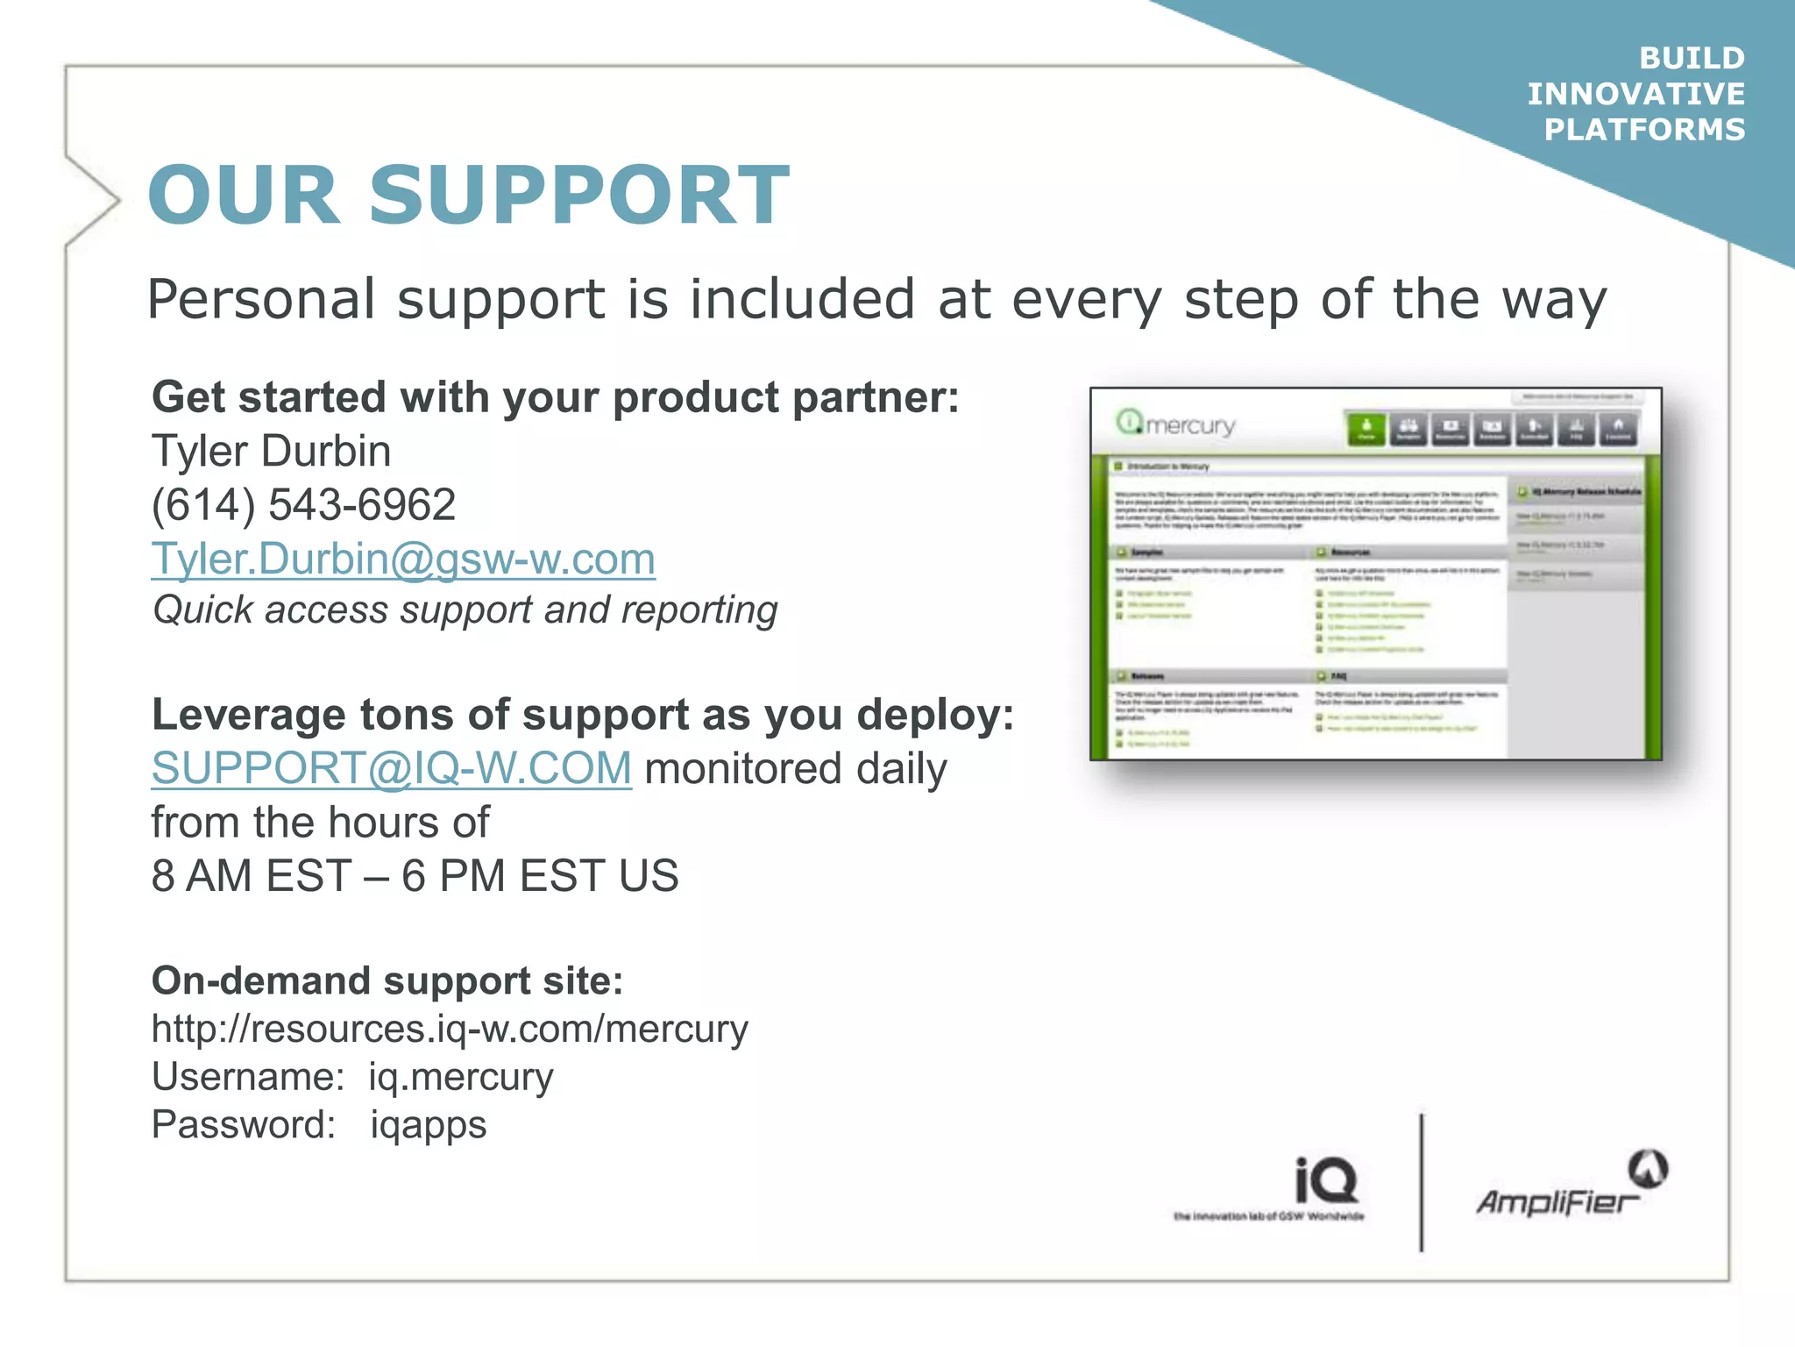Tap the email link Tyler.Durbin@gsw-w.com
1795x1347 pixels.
pyautogui.click(x=403, y=559)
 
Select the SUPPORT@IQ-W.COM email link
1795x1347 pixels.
pyautogui.click(x=391, y=768)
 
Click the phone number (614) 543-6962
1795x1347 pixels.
pyautogui.click(x=303, y=505)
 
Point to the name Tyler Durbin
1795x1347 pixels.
pyautogui.click(x=271, y=451)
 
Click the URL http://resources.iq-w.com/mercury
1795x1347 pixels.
pyautogui.click(x=450, y=1029)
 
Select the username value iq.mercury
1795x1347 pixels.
pyautogui.click(x=460, y=1077)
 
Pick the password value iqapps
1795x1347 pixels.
pyautogui.click(x=428, y=1125)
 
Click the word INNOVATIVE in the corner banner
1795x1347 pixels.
pyautogui.click(x=1635, y=94)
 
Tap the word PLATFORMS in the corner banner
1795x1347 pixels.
pyautogui.click(x=1644, y=130)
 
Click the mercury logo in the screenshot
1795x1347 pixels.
pyautogui.click(x=1176, y=424)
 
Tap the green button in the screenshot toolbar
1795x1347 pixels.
pyautogui.click(x=1366, y=429)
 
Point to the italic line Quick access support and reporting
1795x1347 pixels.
pyautogui.click(x=465, y=610)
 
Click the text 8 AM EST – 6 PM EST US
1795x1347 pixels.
pyautogui.click(x=415, y=876)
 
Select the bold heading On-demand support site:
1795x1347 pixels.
pyautogui.click(x=387, y=980)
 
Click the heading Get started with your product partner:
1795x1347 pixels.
pyautogui.click(x=555, y=397)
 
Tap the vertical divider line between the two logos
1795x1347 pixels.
pyautogui.click(x=1421, y=1182)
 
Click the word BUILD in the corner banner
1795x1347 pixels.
pyautogui.click(x=1692, y=58)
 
